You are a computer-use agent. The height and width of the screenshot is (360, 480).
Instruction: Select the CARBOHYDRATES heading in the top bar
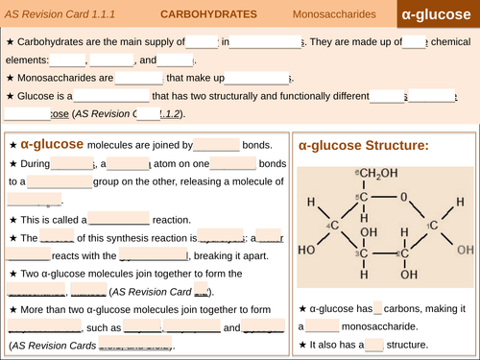click(x=207, y=15)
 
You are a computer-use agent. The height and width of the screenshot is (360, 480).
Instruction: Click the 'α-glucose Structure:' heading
click(x=364, y=145)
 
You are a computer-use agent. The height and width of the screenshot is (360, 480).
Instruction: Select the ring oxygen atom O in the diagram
click(x=403, y=196)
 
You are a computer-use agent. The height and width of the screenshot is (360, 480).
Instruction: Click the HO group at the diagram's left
click(x=308, y=250)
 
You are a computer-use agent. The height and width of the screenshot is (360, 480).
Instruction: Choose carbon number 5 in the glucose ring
click(x=363, y=196)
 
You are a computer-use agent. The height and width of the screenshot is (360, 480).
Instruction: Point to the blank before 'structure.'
click(x=373, y=344)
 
